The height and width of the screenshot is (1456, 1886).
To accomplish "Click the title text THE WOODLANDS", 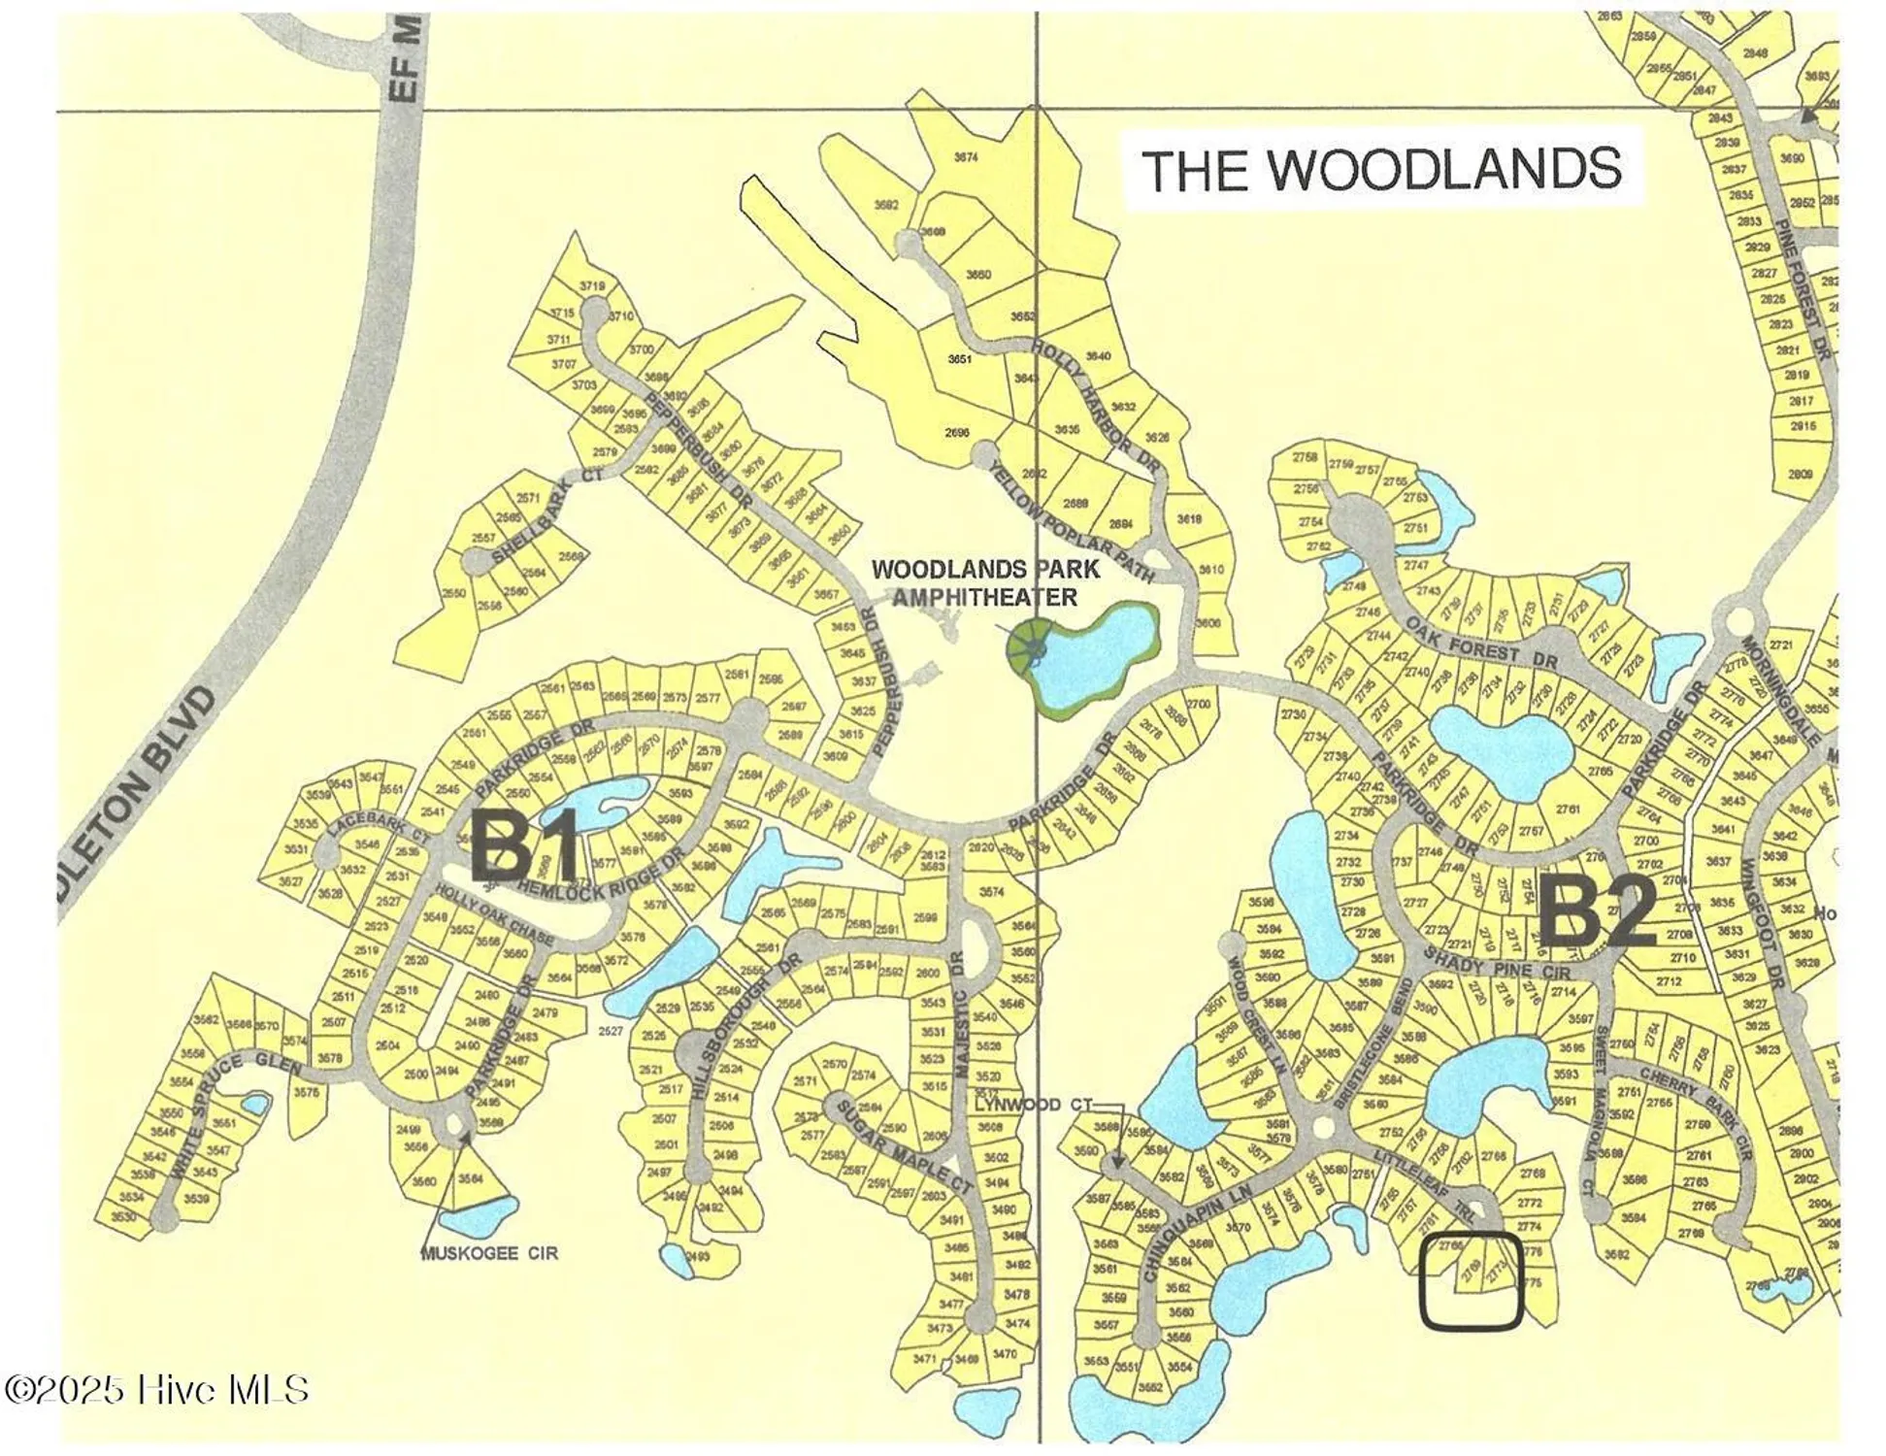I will pos(1380,169).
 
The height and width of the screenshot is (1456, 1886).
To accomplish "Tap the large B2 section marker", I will pos(1598,912).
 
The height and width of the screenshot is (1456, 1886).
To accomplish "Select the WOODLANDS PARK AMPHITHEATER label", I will pos(985,582).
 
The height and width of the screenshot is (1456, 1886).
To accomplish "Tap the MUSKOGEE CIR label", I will pos(489,1253).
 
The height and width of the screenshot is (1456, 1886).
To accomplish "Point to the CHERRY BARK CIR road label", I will pos(1695,1112).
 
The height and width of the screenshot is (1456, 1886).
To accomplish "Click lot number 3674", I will pos(965,156).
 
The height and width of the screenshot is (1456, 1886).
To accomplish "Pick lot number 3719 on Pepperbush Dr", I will pos(591,285).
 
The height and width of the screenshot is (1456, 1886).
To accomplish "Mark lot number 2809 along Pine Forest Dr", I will pos(1801,475).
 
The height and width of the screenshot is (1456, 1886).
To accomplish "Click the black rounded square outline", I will pos(1472,1278).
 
